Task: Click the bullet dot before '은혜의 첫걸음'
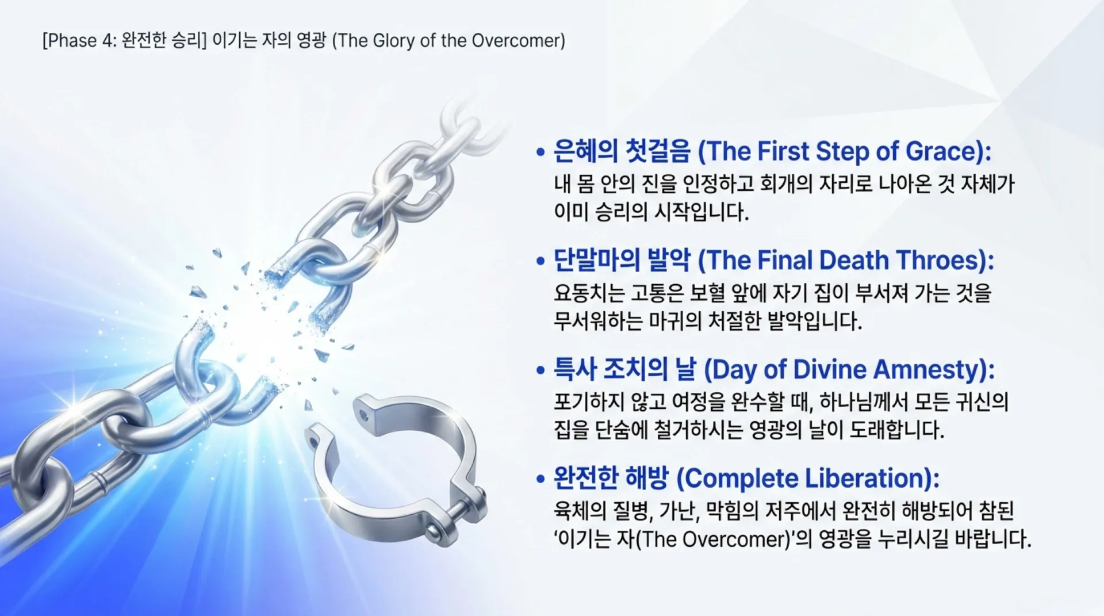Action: click(540, 153)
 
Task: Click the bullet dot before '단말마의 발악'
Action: click(540, 262)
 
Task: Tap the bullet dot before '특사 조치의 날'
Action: click(540, 370)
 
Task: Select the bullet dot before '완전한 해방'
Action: click(540, 479)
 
